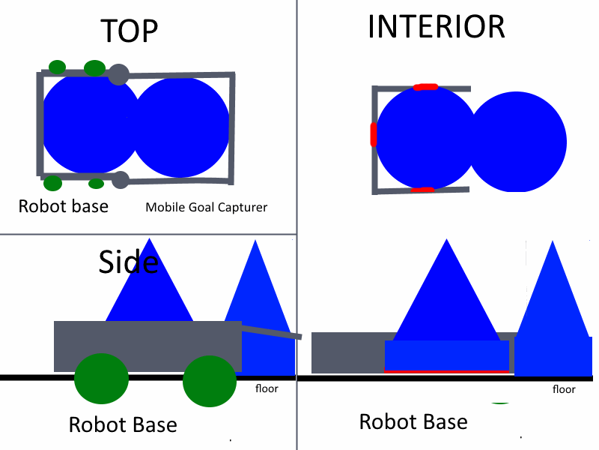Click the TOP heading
click(x=129, y=31)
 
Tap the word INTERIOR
click(x=437, y=27)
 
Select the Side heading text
click(x=128, y=262)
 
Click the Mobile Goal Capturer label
click(x=207, y=208)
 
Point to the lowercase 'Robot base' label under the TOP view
click(x=64, y=206)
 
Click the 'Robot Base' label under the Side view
click(x=123, y=424)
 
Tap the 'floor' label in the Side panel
click(x=267, y=388)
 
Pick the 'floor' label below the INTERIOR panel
click(x=564, y=389)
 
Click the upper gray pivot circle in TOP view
click(x=119, y=74)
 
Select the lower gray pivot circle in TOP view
click(x=121, y=180)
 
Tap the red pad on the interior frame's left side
click(x=374, y=135)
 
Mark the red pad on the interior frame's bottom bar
click(x=422, y=190)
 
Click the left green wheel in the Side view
click(x=101, y=379)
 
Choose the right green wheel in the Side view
click(x=210, y=381)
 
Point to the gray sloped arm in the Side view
click(x=272, y=332)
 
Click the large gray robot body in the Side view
click(x=148, y=346)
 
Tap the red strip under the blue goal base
click(x=446, y=371)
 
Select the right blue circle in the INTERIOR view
click(x=517, y=142)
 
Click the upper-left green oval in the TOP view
click(x=58, y=67)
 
